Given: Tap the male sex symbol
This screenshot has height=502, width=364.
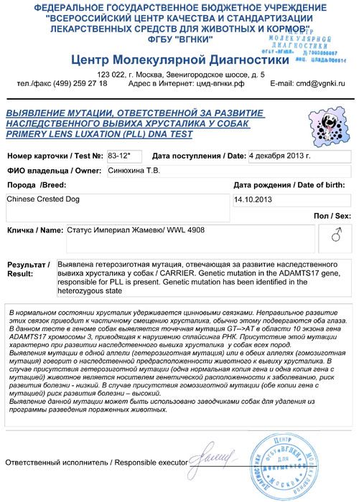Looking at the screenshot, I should (x=336, y=234).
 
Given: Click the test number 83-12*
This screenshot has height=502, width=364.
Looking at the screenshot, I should (x=119, y=156).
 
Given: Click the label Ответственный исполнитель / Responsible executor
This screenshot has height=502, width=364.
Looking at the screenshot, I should (x=96, y=463).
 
